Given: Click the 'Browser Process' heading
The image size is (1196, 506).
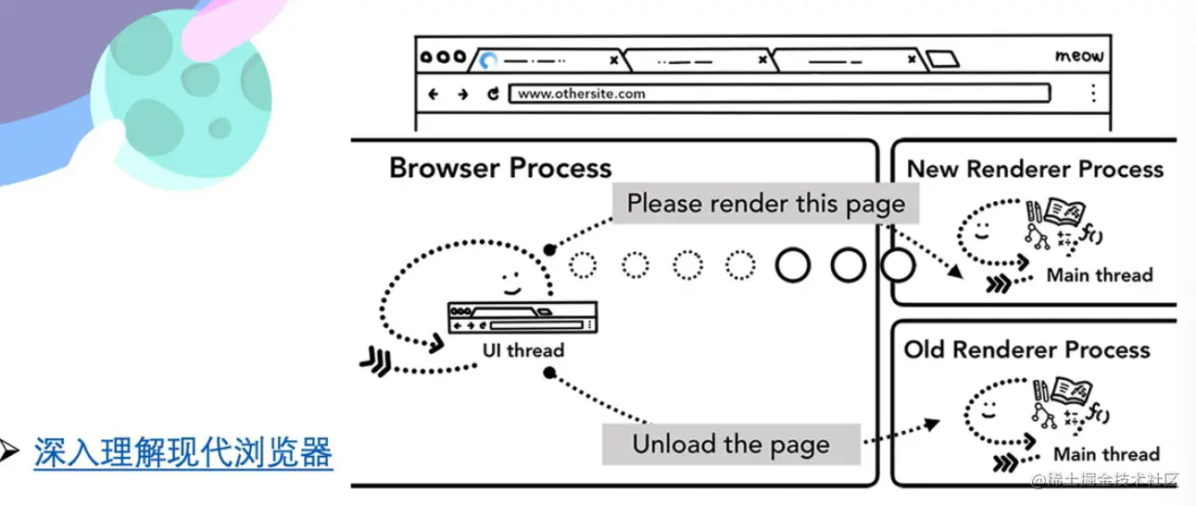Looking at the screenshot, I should click(x=500, y=169).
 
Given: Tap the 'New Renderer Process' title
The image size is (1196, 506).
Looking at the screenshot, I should click(x=1035, y=170).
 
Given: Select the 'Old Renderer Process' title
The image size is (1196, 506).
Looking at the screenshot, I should click(x=1026, y=350).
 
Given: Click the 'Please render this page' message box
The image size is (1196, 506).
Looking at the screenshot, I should click(x=765, y=204).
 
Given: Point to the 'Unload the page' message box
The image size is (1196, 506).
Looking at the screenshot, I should click(x=731, y=444).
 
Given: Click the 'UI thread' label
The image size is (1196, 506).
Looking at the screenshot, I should click(x=522, y=350).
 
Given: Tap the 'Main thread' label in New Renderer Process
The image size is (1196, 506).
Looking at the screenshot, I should click(x=1100, y=275).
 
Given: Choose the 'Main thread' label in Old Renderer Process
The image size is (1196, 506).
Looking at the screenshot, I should click(x=1106, y=454).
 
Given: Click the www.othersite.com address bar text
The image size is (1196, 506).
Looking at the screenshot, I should click(x=581, y=94).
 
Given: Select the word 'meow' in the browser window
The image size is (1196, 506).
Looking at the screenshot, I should click(x=1079, y=57).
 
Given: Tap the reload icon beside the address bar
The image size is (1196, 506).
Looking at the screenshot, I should click(x=493, y=94).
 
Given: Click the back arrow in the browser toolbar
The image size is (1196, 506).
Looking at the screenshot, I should click(x=433, y=94).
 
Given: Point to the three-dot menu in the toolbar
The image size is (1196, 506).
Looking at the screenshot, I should click(x=1093, y=94).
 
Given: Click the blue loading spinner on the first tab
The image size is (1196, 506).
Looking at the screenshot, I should click(x=488, y=61).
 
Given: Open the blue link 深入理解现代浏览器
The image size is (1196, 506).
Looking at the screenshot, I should click(x=183, y=454).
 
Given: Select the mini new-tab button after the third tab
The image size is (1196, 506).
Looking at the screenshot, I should click(x=943, y=60).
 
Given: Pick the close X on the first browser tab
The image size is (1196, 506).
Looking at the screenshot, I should click(x=612, y=60).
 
